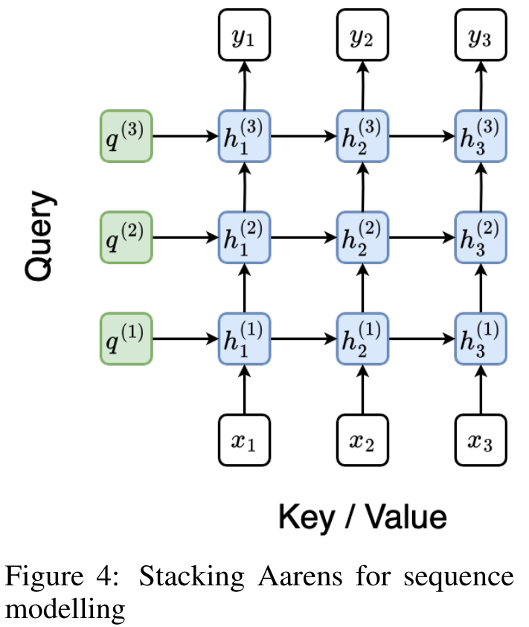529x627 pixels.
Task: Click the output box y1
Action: click(x=244, y=35)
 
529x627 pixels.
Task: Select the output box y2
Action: click(x=362, y=35)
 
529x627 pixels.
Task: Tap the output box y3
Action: click(x=481, y=35)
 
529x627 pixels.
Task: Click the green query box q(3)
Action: click(x=126, y=136)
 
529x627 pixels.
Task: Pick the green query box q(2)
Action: click(x=126, y=237)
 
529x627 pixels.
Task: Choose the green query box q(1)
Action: click(x=126, y=339)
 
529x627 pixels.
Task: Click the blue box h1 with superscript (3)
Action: click(x=244, y=136)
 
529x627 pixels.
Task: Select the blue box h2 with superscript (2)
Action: click(x=362, y=237)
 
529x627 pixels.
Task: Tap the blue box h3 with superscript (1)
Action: click(x=481, y=339)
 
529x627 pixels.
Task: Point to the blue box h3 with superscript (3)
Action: click(x=481, y=136)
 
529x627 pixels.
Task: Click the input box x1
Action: click(x=244, y=440)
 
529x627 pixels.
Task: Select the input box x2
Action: click(x=362, y=440)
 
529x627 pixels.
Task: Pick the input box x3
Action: click(x=481, y=440)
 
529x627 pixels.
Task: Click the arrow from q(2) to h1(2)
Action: click(x=185, y=237)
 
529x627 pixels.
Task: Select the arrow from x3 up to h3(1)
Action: click(x=481, y=390)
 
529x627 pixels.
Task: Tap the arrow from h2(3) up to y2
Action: click(x=362, y=86)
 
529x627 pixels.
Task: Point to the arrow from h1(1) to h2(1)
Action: click(x=304, y=339)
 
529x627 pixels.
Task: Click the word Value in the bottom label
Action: click(x=406, y=517)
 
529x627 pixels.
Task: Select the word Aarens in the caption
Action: click(x=300, y=577)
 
